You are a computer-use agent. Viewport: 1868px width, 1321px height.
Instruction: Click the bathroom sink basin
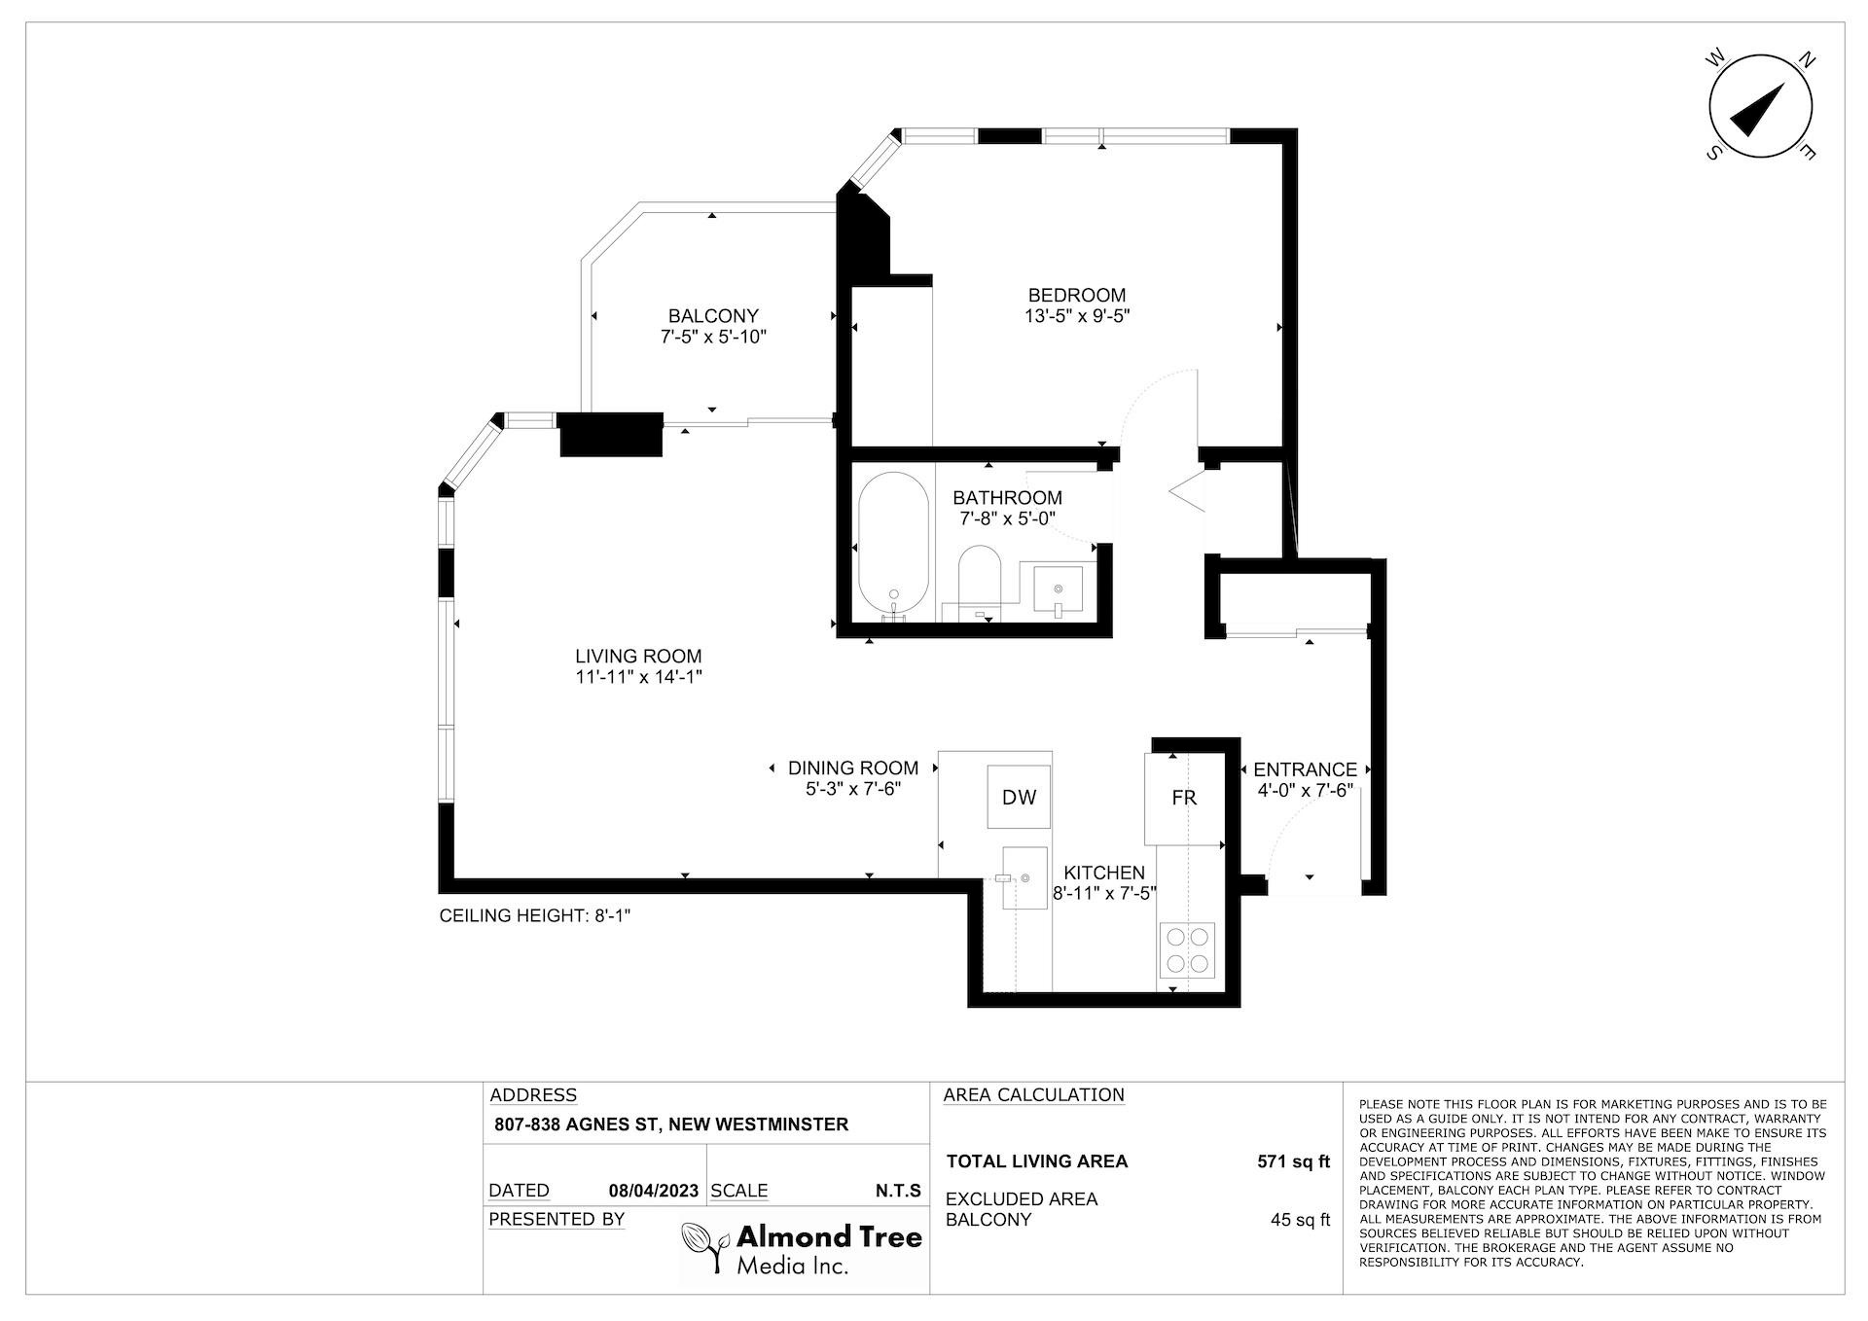1058,588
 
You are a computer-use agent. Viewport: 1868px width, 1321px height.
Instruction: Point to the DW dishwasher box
1019,798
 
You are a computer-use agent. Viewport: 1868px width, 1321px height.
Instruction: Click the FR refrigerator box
1183,798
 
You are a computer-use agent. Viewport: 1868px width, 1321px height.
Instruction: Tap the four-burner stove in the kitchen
1187,949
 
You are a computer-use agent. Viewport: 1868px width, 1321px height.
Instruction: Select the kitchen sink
1025,877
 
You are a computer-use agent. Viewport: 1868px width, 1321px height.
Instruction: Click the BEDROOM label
1077,295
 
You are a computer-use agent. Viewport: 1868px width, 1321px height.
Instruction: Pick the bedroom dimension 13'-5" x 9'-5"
1077,316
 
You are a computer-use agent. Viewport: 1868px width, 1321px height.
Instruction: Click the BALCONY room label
712,316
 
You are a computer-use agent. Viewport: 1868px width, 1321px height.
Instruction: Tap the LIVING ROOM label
638,657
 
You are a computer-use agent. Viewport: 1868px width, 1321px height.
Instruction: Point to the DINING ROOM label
853,768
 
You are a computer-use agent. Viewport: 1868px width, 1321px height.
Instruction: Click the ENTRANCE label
1305,769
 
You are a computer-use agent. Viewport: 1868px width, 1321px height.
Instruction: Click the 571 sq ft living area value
1293,1161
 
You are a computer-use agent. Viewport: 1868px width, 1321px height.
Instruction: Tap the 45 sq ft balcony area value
1300,1220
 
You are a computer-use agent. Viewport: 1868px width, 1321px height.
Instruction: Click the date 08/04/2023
654,1191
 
